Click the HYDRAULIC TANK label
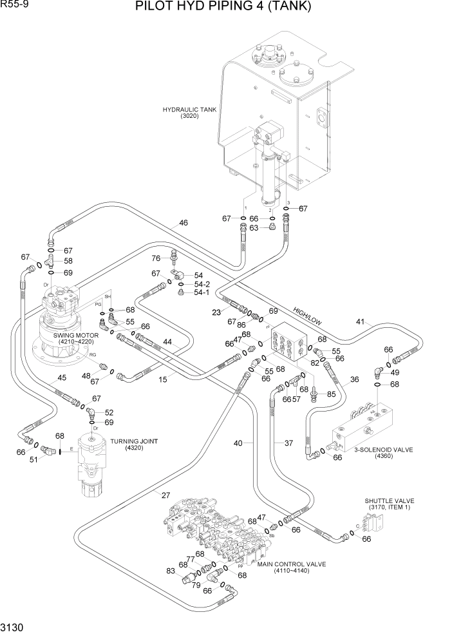point(189,110)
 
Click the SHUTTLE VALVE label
point(390,501)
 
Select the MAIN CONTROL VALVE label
point(291,564)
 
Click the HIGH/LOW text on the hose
point(307,314)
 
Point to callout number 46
point(184,223)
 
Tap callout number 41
point(361,321)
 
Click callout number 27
point(165,495)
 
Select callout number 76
point(156,258)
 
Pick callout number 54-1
point(202,292)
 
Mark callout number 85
point(332,394)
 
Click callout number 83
point(170,571)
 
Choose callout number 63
point(254,227)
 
